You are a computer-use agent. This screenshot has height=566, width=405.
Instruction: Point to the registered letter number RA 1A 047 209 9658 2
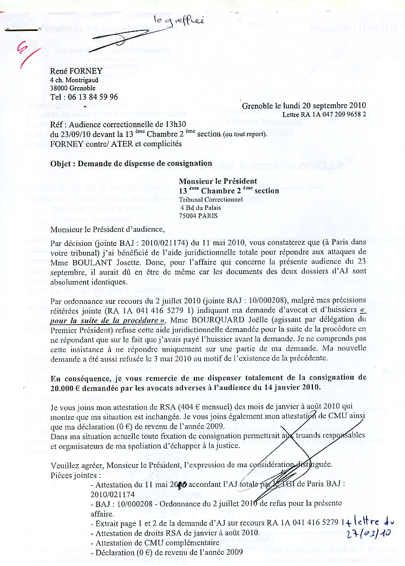pos(324,115)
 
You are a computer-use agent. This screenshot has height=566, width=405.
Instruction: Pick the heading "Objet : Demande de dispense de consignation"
pos(131,163)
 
